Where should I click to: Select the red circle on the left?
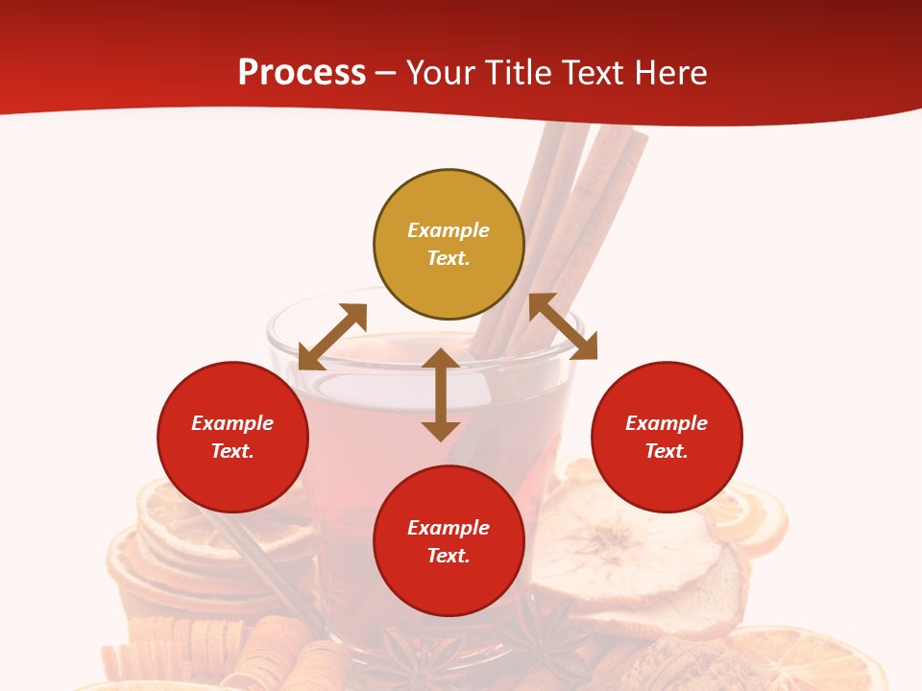click(x=232, y=438)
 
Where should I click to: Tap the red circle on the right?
click(x=667, y=438)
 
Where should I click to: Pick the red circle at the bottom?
click(x=449, y=542)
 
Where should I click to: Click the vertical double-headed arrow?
click(x=441, y=394)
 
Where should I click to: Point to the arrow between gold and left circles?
click(x=332, y=337)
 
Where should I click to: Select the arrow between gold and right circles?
click(x=563, y=326)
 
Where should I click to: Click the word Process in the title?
click(x=302, y=72)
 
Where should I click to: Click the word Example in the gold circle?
click(x=449, y=230)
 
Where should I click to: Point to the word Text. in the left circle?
click(x=232, y=451)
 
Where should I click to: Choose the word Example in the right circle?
click(x=667, y=423)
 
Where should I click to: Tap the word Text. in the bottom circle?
click(x=449, y=556)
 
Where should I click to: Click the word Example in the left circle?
click(x=232, y=423)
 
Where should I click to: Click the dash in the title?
click(x=386, y=73)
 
